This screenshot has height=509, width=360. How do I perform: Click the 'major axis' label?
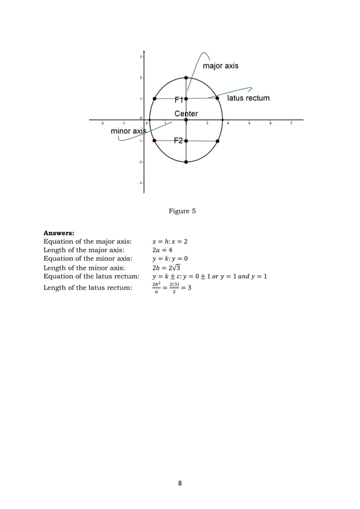pyautogui.click(x=221, y=66)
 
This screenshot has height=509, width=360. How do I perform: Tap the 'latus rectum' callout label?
pyautogui.click(x=248, y=98)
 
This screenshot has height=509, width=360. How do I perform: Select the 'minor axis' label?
pyautogui.click(x=128, y=131)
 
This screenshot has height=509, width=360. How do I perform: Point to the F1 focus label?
pyautogui.click(x=179, y=99)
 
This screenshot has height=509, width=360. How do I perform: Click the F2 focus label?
pyautogui.click(x=178, y=141)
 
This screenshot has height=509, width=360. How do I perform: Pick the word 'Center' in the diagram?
pyautogui.click(x=186, y=114)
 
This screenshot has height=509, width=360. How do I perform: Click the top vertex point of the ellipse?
pyautogui.click(x=186, y=78)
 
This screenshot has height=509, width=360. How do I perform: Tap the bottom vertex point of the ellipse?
pyautogui.click(x=186, y=162)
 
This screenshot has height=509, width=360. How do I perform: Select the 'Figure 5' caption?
pyautogui.click(x=182, y=211)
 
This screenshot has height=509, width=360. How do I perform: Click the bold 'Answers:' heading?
pyautogui.click(x=59, y=232)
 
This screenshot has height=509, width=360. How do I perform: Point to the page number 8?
pyautogui.click(x=180, y=483)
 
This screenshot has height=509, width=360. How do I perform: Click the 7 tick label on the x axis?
pyautogui.click(x=291, y=124)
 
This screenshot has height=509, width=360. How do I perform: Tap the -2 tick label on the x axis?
pyautogui.click(x=102, y=124)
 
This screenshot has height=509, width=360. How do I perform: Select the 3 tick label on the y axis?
pyautogui.click(x=140, y=56)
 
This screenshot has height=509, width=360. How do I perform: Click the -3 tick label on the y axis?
pyautogui.click(x=139, y=183)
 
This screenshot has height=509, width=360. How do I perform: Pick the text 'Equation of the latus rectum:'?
pyautogui.click(x=91, y=277)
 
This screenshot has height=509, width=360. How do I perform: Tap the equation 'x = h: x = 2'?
pyautogui.click(x=170, y=242)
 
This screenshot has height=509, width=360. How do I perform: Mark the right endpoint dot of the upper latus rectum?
pyautogui.click(x=217, y=98)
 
